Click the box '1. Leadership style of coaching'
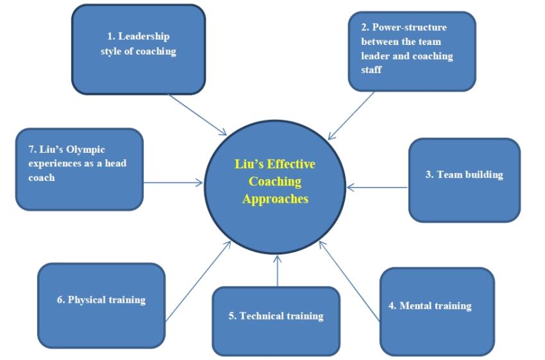point(138,50)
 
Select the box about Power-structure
point(412,51)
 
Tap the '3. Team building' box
point(464,180)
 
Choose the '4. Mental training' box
point(437,311)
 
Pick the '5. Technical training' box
point(276,321)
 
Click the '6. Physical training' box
point(101,305)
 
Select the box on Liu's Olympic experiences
point(79,169)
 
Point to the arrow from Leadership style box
point(197,115)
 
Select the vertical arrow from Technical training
point(277,270)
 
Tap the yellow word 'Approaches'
point(275,199)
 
